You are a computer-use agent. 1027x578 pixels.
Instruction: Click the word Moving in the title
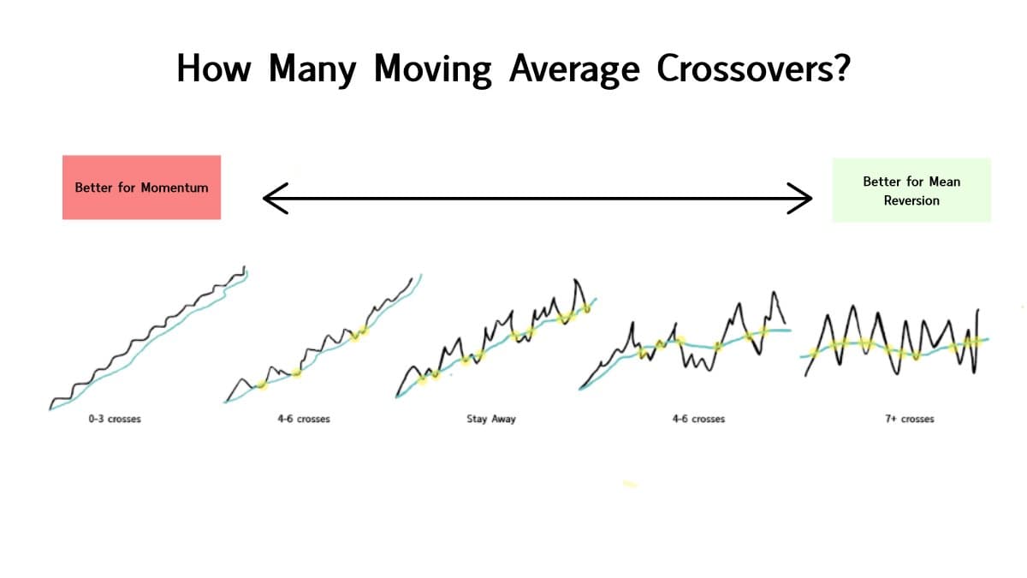point(431,69)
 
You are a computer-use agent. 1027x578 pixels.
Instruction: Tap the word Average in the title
point(573,69)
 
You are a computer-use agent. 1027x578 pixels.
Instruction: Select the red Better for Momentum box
point(141,187)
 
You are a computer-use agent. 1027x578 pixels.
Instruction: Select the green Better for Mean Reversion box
point(911,190)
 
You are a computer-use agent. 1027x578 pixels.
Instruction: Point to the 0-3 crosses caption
point(115,420)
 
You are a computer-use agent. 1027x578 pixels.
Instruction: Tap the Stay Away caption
point(491,420)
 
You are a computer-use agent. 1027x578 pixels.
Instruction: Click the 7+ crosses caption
point(909,420)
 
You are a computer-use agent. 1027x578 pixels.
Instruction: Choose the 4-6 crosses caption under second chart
point(304,420)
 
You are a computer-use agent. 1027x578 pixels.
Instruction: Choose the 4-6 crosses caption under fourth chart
point(698,420)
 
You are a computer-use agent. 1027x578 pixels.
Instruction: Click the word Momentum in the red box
point(175,188)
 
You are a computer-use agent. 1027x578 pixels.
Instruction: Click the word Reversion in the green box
point(911,200)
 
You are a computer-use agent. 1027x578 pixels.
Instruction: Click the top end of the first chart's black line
point(246,267)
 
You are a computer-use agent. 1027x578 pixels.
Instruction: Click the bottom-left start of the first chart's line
point(51,407)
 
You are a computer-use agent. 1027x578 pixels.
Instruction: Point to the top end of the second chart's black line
point(411,277)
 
